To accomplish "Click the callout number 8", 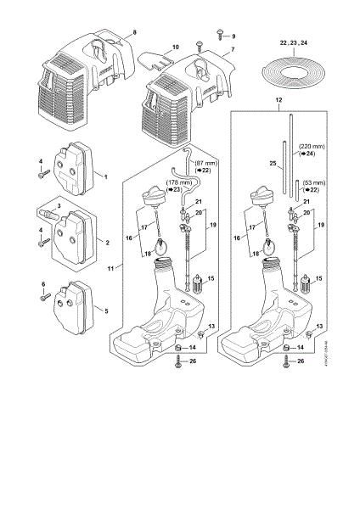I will [x=132, y=31].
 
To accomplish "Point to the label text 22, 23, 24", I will [x=294, y=40].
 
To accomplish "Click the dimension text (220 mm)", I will [x=308, y=146].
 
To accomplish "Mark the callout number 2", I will [x=105, y=242].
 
